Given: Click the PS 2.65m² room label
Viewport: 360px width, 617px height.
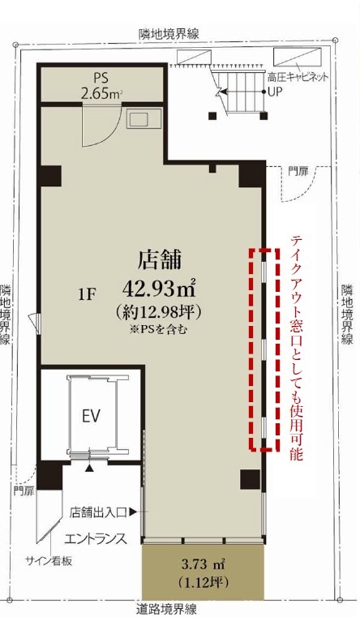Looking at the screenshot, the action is click(101, 85).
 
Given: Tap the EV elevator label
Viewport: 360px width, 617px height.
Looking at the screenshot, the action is click(92, 416).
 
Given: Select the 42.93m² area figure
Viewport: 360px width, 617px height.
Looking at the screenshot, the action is click(160, 289).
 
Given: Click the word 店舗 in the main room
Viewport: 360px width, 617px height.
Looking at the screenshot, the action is click(160, 259).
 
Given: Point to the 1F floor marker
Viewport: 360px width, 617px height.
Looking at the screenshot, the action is click(87, 295).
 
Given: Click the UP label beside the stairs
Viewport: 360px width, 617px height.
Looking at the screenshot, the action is click(275, 92).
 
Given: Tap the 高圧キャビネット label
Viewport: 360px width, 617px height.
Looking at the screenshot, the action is click(298, 77).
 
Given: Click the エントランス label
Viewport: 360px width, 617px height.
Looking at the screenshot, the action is click(96, 538).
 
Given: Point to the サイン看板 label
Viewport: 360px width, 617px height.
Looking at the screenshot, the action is click(49, 561).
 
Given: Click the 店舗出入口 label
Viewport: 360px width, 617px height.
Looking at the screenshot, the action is click(98, 512).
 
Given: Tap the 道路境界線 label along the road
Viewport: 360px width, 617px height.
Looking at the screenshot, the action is click(167, 610).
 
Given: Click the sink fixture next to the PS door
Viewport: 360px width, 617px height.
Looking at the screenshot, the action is click(144, 118).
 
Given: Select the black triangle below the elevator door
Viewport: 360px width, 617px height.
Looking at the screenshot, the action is click(90, 469).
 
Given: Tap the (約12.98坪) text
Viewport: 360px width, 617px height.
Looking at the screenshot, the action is click(160, 312).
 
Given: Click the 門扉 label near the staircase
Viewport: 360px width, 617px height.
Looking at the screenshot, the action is click(298, 172).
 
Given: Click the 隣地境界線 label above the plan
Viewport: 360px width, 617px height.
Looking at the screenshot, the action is click(169, 33).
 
